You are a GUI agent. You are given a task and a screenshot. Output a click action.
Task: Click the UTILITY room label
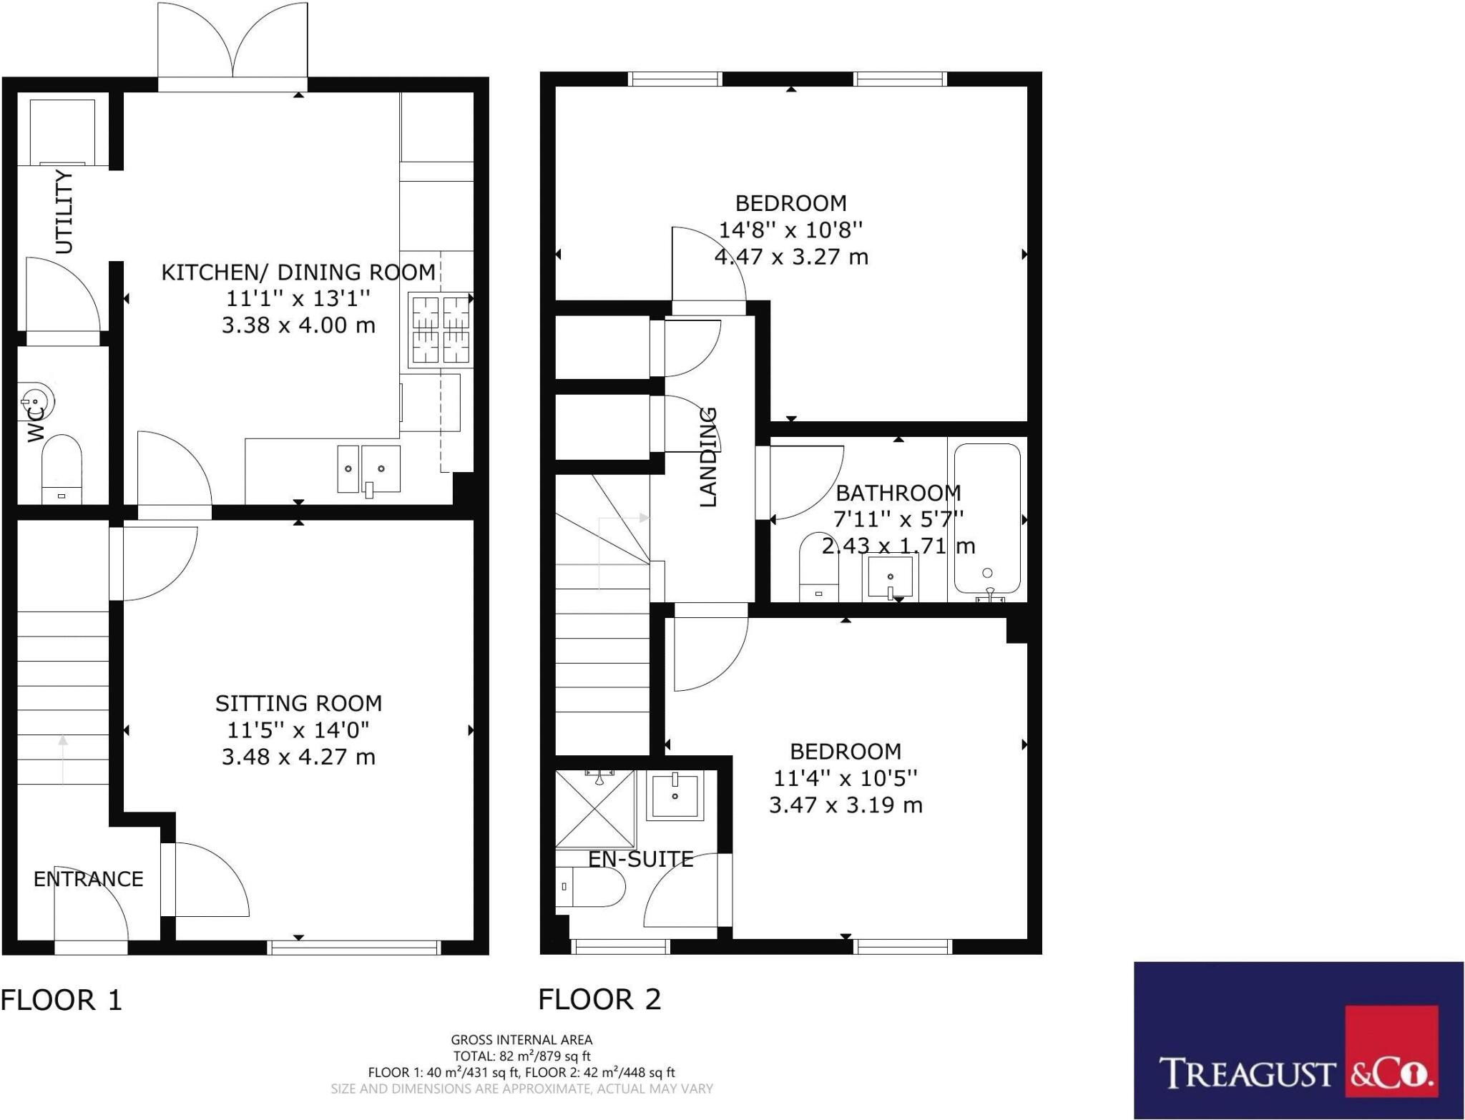[64, 212]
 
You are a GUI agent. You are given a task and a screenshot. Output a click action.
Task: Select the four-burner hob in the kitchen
[440, 329]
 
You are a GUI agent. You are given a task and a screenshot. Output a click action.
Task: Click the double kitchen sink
[369, 468]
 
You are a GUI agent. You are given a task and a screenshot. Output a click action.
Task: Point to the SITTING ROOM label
[298, 703]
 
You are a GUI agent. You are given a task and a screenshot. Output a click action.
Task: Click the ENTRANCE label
[88, 878]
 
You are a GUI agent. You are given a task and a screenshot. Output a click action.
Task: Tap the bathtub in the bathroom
[987, 520]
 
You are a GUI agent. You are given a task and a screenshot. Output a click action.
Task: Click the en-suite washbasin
[675, 795]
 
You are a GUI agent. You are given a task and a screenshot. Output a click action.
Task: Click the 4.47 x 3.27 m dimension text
[791, 256]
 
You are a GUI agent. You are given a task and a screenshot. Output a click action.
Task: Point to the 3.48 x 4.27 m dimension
[298, 757]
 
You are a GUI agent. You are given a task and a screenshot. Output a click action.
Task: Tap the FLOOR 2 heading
[599, 999]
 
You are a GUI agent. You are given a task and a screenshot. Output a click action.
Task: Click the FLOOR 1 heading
[62, 1000]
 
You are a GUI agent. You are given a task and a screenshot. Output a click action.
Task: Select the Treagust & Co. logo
[1298, 1040]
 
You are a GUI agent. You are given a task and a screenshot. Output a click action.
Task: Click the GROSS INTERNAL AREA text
[521, 1040]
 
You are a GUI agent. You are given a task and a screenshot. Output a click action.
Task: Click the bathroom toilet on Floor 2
[815, 566]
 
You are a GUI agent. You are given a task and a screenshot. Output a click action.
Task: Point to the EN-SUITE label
[641, 859]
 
